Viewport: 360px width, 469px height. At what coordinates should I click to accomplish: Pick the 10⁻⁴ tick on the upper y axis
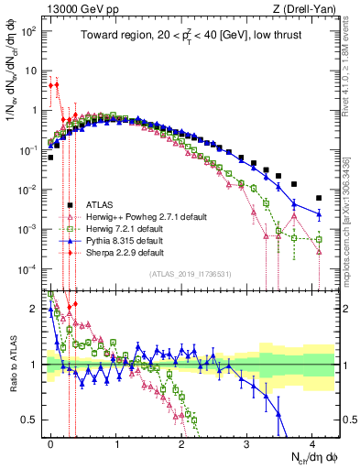(29, 268)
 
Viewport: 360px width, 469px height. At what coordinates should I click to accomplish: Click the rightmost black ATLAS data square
(319, 198)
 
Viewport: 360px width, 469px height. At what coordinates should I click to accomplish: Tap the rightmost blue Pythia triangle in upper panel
(319, 214)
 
